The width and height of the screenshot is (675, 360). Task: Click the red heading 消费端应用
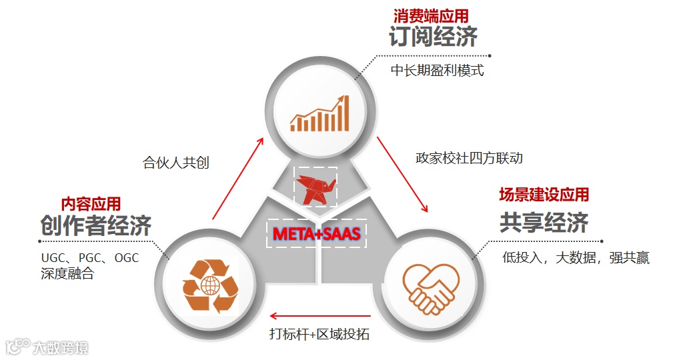coord(435,15)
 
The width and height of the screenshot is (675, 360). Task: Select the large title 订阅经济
coord(434,37)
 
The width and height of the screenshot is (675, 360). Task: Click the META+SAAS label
coord(317,233)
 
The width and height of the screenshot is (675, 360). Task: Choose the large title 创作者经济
coord(95,226)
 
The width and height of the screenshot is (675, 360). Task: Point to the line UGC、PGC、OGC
coord(90,257)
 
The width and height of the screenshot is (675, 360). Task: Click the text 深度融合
coord(67,273)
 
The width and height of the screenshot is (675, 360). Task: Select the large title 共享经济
coord(544,223)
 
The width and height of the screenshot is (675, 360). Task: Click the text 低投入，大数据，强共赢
coord(575,257)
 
